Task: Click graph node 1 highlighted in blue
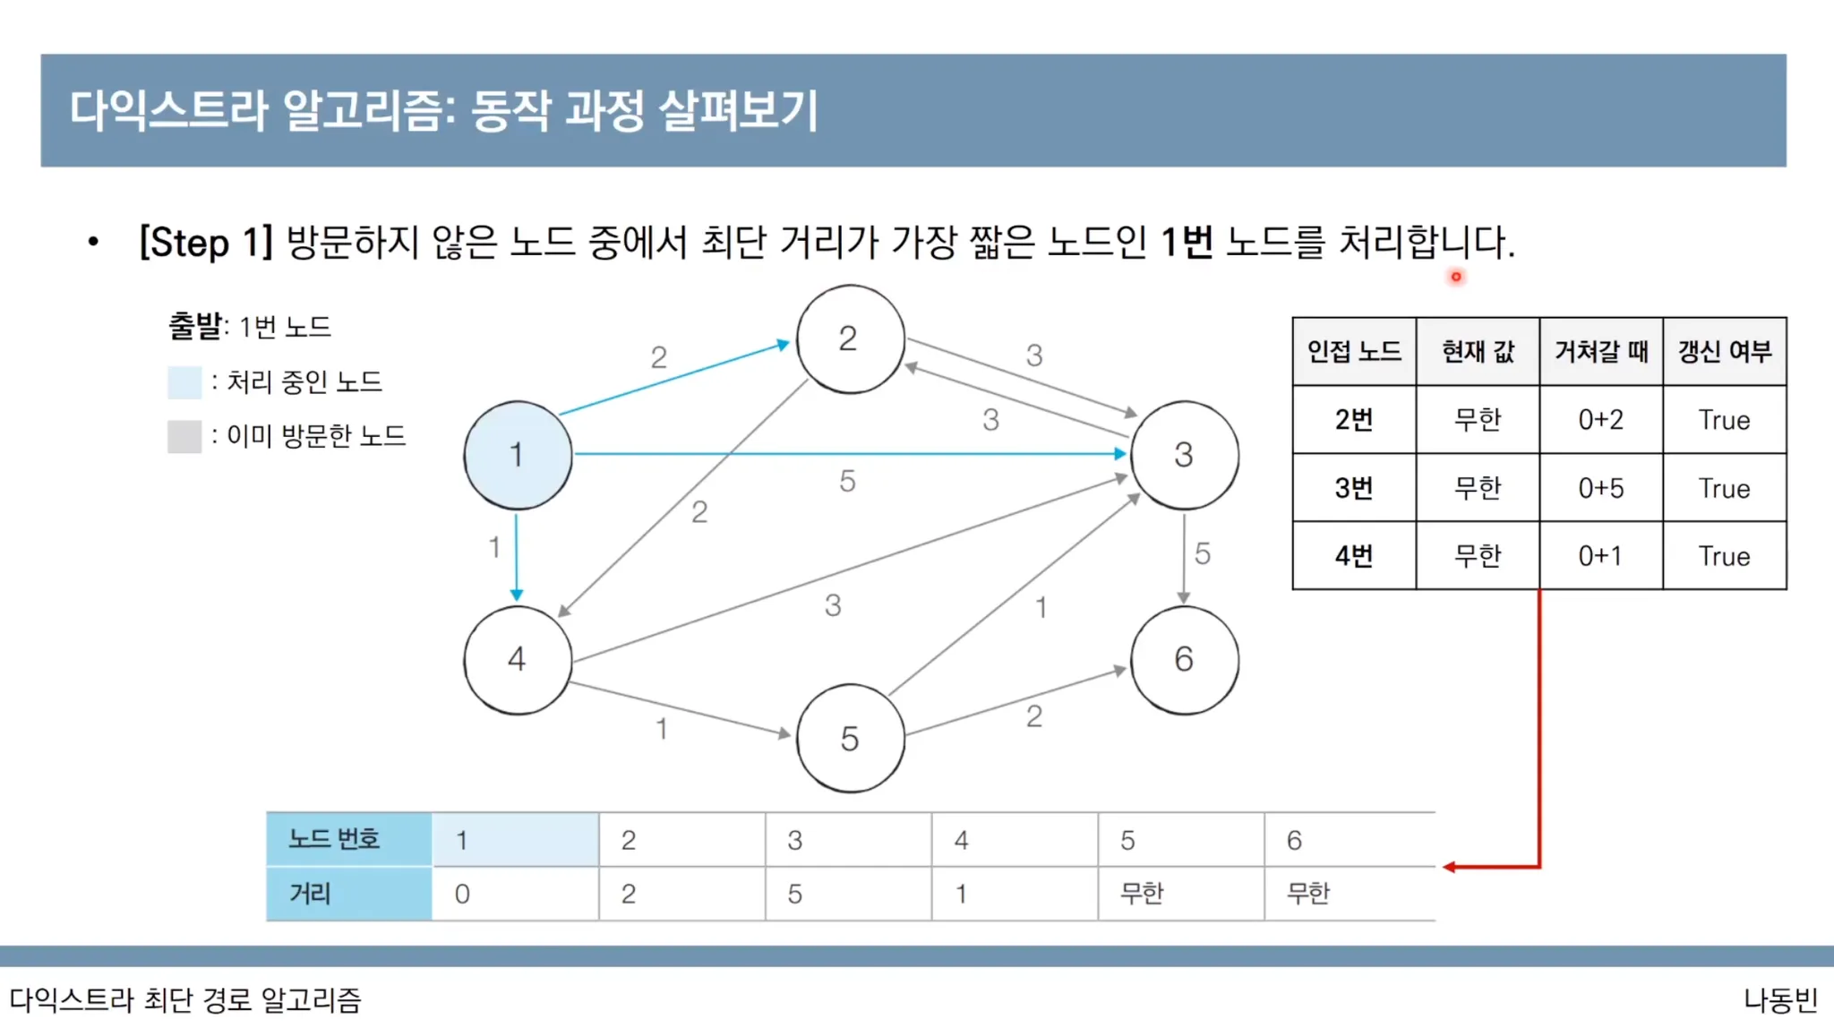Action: coord(518,455)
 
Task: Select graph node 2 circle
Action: coord(850,339)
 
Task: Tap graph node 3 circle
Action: coord(1184,455)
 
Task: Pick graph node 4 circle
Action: coord(518,660)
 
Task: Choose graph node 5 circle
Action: coord(850,738)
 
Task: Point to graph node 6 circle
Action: coord(1184,660)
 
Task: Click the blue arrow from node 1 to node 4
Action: coord(517,555)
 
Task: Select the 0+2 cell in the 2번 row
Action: coord(1600,420)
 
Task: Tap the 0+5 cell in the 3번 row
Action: coord(1600,488)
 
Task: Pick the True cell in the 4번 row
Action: coord(1724,556)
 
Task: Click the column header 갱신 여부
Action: coord(1724,351)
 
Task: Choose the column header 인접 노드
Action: coord(1353,351)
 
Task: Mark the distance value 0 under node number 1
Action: coord(462,894)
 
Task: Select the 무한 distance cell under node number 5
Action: coord(1142,894)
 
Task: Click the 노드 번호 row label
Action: coord(334,839)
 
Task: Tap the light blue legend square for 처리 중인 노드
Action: coord(184,382)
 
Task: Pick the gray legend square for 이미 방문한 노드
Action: coord(184,437)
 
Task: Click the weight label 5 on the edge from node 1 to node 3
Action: coord(847,482)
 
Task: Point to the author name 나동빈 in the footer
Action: coord(1780,999)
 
